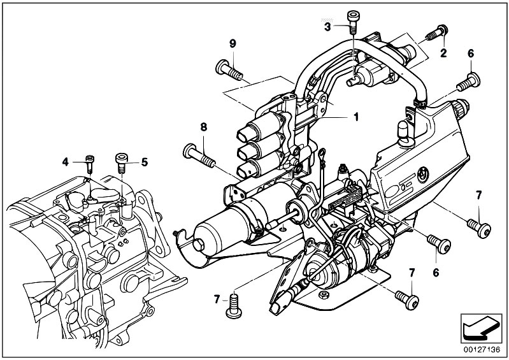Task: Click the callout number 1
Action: [356, 117]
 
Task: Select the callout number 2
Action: [443, 53]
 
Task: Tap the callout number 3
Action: [327, 27]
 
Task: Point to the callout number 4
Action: [66, 162]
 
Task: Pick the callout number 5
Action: [145, 162]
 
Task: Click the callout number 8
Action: [203, 127]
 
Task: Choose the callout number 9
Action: [233, 43]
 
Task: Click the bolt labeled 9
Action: [229, 71]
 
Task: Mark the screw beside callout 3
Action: [352, 22]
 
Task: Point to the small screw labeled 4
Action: [90, 164]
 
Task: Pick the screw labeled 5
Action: [122, 163]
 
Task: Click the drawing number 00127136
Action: [482, 350]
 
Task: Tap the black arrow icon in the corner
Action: [480, 329]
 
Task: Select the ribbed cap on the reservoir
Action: [461, 108]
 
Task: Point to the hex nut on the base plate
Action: [323, 295]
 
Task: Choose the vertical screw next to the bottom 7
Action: [234, 306]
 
